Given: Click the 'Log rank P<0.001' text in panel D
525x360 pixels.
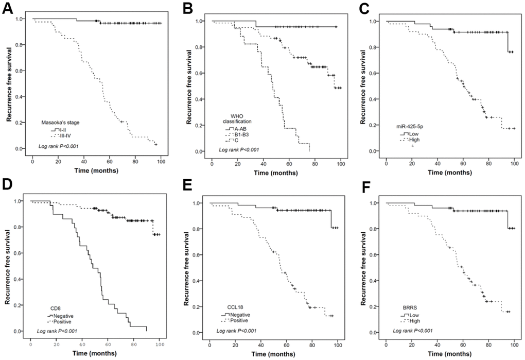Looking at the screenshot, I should [59, 330].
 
